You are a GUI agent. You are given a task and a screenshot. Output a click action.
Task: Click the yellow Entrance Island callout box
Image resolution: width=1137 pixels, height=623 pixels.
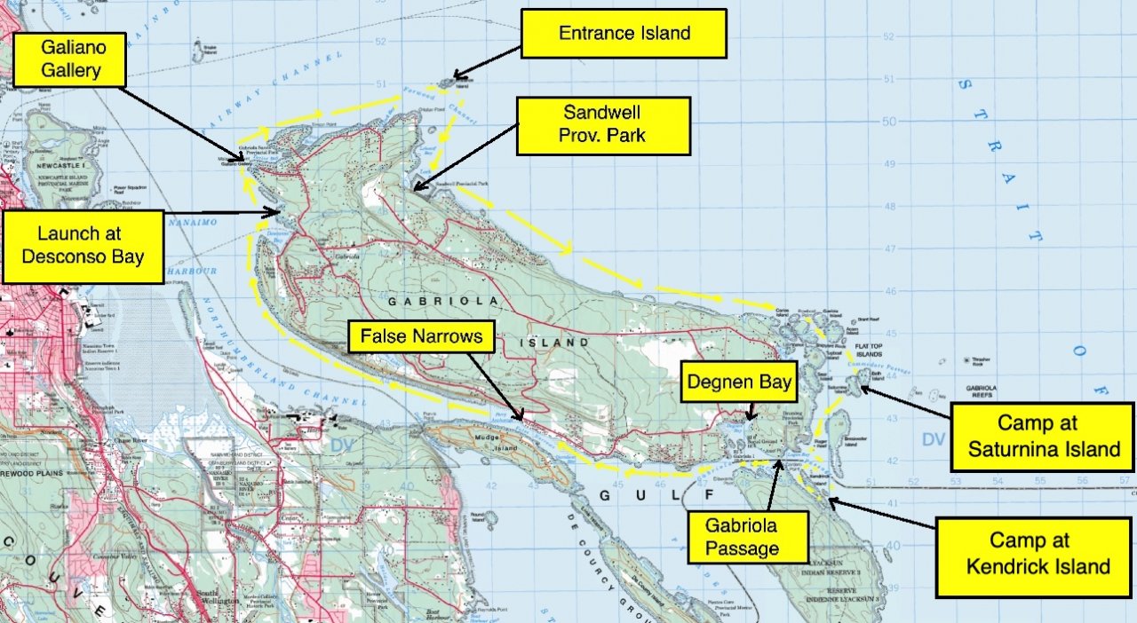pos(624,34)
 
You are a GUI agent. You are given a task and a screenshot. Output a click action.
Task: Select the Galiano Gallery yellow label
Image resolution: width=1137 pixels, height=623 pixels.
pos(69,59)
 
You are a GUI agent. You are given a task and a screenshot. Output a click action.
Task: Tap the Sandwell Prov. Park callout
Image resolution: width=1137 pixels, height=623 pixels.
pos(603,125)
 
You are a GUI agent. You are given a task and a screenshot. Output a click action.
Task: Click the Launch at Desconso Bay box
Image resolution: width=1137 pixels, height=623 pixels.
pos(83,246)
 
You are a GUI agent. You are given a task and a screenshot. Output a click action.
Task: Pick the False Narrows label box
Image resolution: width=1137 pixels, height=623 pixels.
pos(421,337)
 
